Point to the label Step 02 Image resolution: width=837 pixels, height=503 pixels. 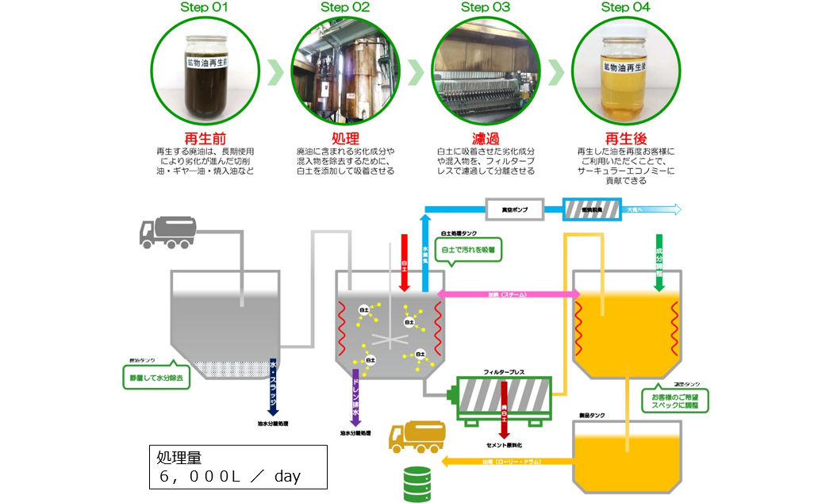click(345, 8)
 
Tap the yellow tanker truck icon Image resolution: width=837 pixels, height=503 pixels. click(412, 437)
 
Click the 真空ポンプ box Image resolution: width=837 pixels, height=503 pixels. click(513, 209)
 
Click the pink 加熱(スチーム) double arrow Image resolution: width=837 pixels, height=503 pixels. click(508, 294)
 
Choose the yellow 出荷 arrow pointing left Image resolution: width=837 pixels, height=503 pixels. click(508, 460)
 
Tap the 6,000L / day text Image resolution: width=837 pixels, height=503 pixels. click(230, 477)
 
